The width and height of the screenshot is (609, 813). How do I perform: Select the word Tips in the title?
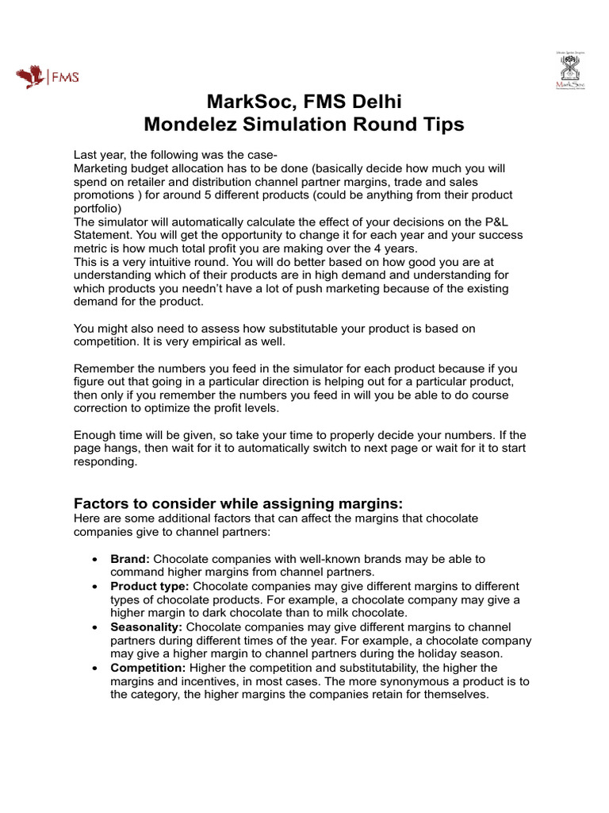click(442, 125)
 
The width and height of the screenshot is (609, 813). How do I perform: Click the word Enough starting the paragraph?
click(96, 435)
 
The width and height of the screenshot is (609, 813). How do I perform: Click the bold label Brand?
click(130, 559)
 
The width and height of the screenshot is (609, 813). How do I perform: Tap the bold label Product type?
click(149, 586)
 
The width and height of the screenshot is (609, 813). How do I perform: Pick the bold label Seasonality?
click(147, 626)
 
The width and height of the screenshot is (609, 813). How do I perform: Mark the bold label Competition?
click(148, 667)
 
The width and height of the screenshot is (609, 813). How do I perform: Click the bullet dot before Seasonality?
click(95, 627)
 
